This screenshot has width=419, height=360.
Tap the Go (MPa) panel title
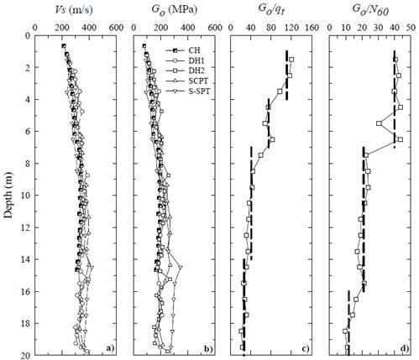tap(180, 10)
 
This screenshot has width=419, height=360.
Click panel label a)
tap(108, 347)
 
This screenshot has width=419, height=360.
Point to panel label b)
tap(210, 347)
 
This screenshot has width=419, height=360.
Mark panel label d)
tap(405, 347)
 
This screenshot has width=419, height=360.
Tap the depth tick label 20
tap(30, 355)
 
